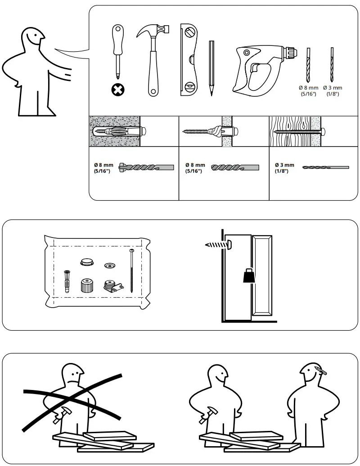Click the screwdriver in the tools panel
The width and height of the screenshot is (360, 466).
pyautogui.click(x=118, y=52)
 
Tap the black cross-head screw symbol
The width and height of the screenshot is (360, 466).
pyautogui.click(x=118, y=90)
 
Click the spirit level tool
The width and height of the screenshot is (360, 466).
pyautogui.click(x=189, y=60)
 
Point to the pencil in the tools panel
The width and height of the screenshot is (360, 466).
pyautogui.click(x=211, y=68)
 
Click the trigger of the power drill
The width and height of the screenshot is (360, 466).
pyautogui.click(x=254, y=68)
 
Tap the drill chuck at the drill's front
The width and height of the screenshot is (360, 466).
pyautogui.click(x=289, y=52)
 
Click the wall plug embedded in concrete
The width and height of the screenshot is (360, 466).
pyautogui.click(x=119, y=131)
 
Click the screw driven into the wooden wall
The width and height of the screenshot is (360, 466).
pyautogui.click(x=299, y=131)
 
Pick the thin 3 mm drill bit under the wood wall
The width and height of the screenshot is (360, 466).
pyautogui.click(x=326, y=167)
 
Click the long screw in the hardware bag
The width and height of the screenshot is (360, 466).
pyautogui.click(x=131, y=270)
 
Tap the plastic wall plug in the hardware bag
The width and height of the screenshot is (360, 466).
pyautogui.click(x=67, y=281)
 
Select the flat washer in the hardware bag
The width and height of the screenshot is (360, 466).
pyautogui.click(x=109, y=265)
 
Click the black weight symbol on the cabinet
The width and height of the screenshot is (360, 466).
pyautogui.click(x=249, y=275)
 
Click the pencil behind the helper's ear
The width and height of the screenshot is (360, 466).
pyautogui.click(x=320, y=370)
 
